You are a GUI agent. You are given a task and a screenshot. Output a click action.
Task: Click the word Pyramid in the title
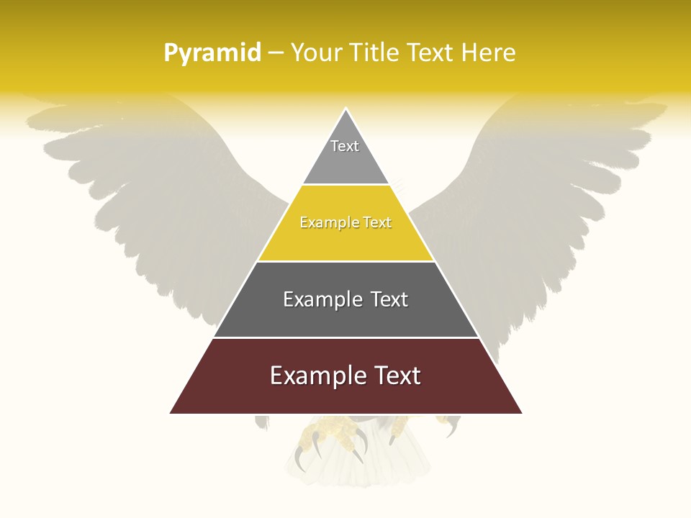click(x=212, y=53)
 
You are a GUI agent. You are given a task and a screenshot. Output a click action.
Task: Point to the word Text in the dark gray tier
click(x=389, y=299)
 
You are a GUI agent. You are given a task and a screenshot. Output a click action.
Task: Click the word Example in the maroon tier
click(x=315, y=376)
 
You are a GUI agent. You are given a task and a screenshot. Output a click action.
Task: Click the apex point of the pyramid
click(x=346, y=110)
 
